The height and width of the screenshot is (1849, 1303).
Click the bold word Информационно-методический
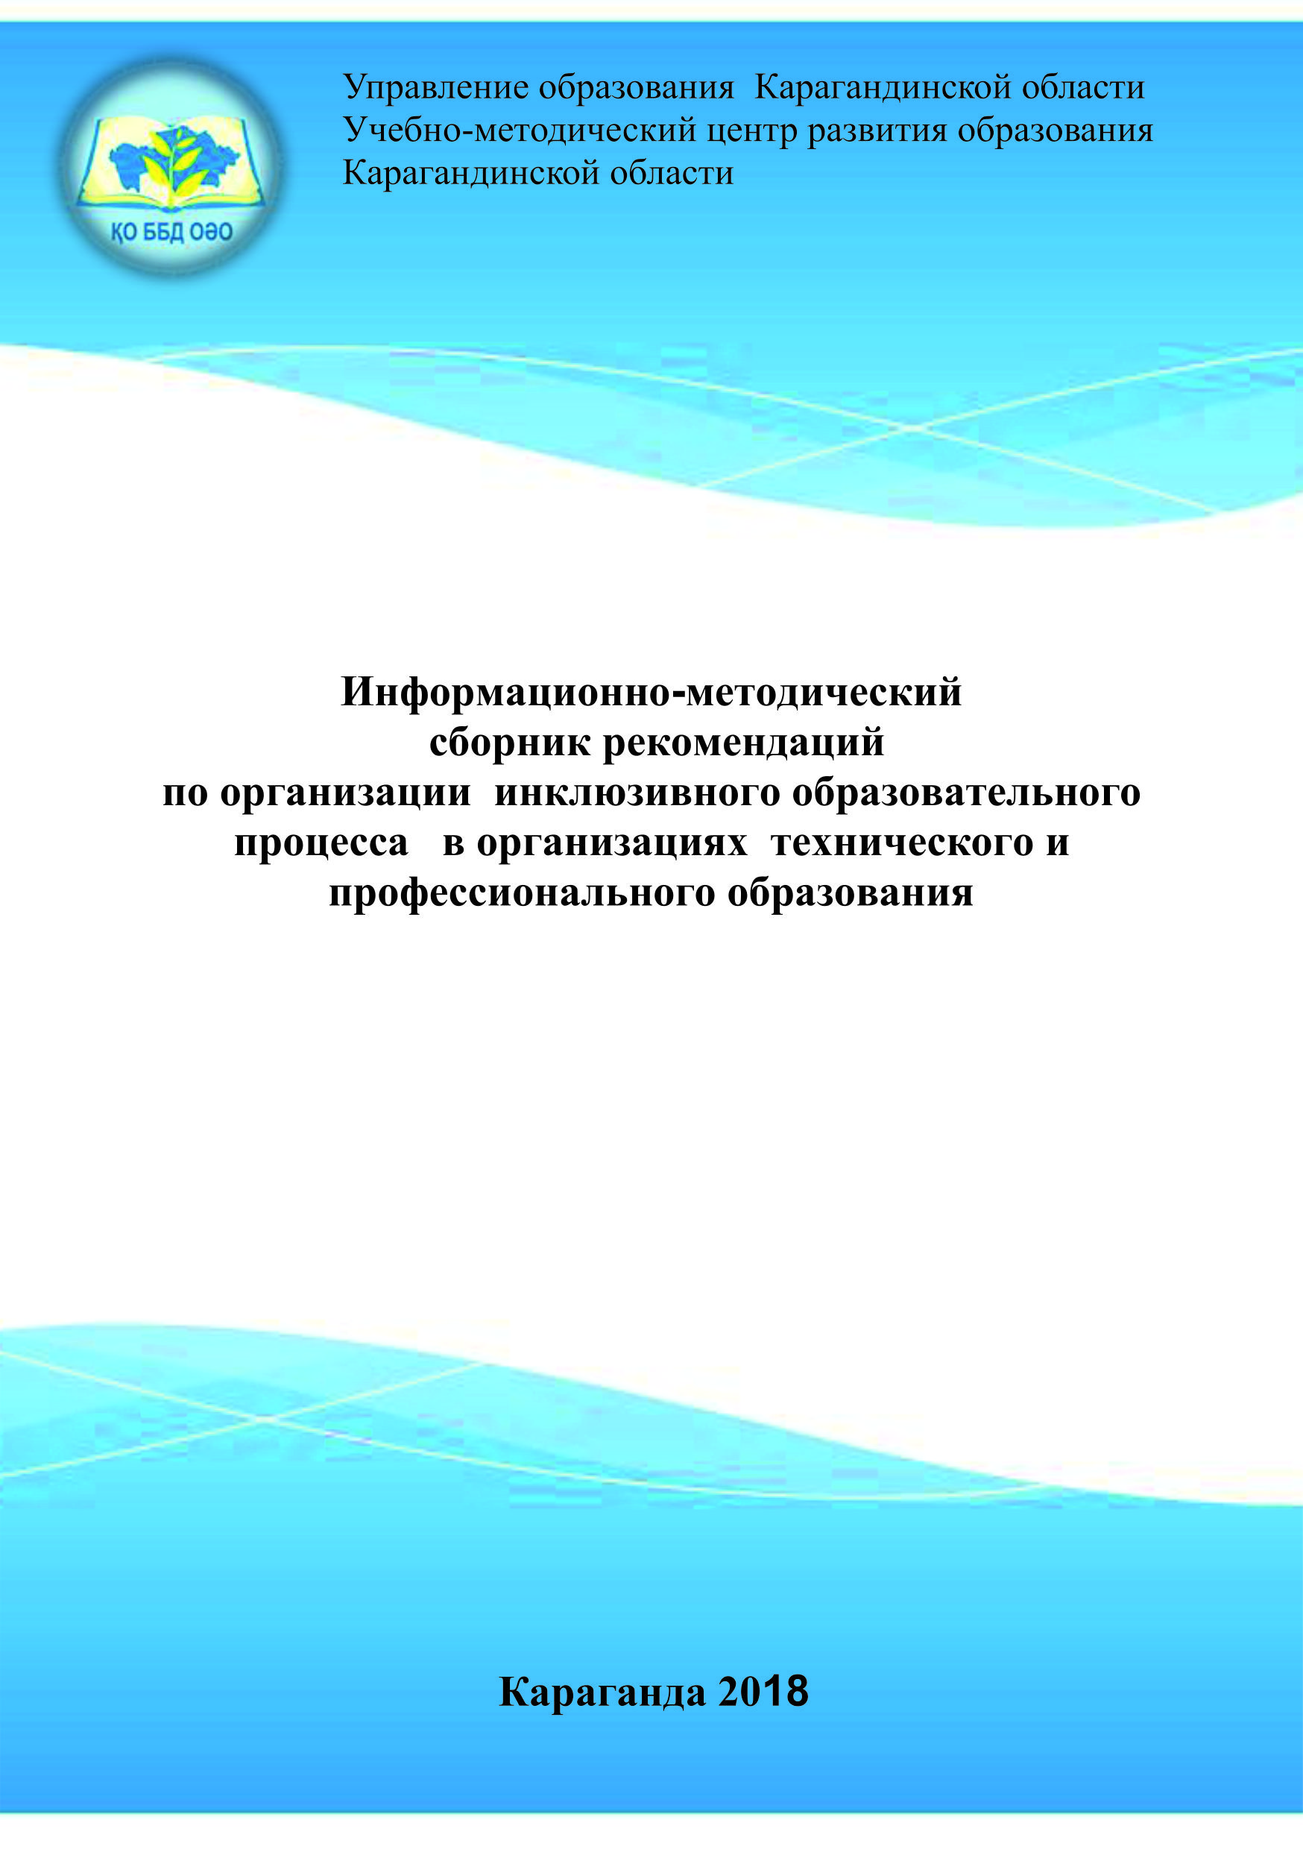click(651, 691)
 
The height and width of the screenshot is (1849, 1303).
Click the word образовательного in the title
click(966, 793)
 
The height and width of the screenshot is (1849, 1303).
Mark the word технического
click(902, 842)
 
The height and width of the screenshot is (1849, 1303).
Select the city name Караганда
click(602, 1691)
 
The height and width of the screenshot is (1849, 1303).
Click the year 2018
click(763, 1690)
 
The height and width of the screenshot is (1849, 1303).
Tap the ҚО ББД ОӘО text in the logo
click(171, 233)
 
